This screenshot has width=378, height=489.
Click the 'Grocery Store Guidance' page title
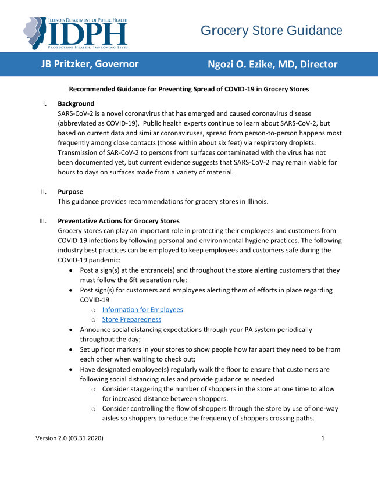point(272,31)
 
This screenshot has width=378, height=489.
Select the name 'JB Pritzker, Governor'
point(90,64)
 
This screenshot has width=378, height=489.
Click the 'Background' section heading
point(76,104)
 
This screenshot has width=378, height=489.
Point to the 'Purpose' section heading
point(70,191)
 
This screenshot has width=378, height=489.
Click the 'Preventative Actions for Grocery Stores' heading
point(119,221)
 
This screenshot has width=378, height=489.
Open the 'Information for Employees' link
point(142,310)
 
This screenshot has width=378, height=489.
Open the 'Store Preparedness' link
point(131,319)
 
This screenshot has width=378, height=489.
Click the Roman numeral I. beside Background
point(44,104)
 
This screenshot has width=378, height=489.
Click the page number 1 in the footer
point(323,438)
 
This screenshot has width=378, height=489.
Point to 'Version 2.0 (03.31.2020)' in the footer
point(70,438)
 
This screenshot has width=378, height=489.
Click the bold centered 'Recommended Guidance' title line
point(189,89)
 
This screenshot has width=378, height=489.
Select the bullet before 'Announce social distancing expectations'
point(71,330)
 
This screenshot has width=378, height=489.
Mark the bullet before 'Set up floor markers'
point(71,349)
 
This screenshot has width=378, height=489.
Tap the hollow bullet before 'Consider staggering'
point(93,389)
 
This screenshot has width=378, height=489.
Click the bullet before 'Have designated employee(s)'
point(71,369)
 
